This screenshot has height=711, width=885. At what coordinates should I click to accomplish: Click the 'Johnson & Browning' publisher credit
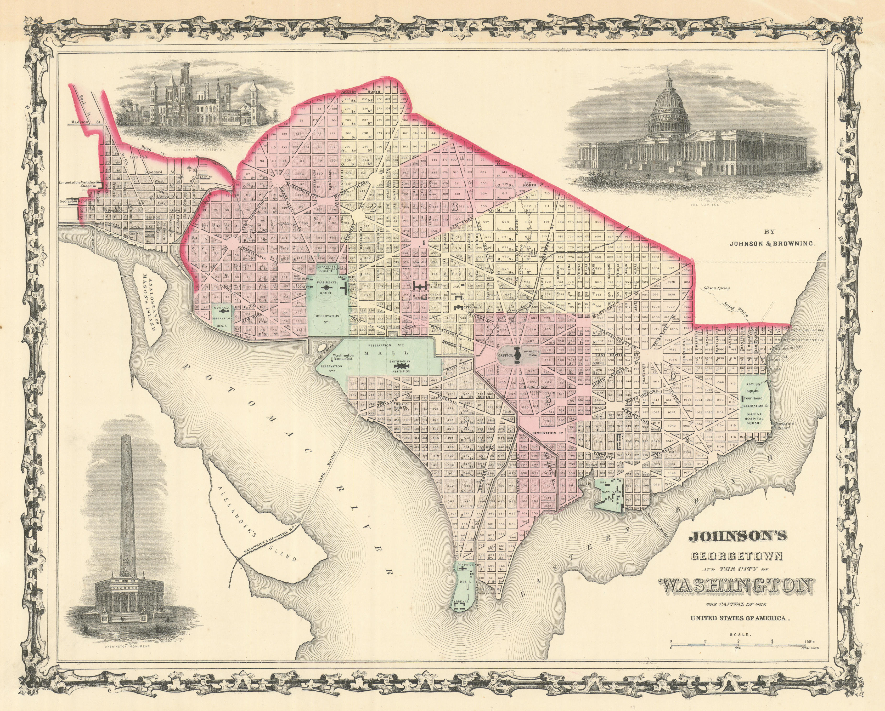coord(771,243)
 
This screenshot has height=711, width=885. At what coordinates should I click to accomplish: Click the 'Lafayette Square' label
coord(326,269)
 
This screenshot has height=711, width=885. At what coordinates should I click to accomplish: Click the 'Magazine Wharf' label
coord(785,426)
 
